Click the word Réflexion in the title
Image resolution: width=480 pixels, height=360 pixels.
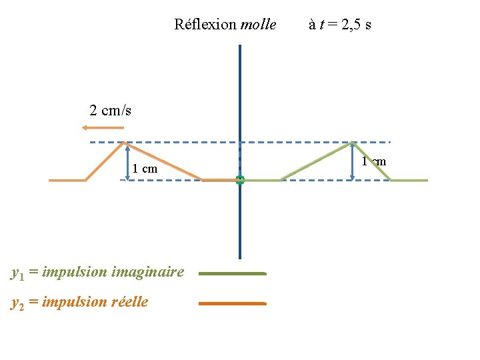click(205, 25)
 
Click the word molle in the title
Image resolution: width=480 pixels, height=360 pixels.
click(258, 25)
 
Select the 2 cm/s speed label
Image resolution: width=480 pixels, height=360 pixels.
click(110, 111)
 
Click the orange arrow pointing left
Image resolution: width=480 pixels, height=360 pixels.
click(107, 127)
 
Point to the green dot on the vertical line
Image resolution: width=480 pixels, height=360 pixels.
click(240, 180)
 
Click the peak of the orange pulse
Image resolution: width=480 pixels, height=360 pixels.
click(125, 143)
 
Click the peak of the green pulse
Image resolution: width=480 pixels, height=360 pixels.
click(353, 143)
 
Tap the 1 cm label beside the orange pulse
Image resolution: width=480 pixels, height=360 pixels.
click(145, 169)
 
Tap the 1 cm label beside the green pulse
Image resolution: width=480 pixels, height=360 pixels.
click(374, 161)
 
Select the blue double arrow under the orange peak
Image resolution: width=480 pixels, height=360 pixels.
click(127, 163)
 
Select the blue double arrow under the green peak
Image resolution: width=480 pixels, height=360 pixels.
click(353, 162)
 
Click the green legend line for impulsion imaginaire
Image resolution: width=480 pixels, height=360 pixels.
click(232, 273)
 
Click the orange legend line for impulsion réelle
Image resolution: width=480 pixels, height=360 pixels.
click(232, 303)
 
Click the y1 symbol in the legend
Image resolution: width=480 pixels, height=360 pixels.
click(18, 273)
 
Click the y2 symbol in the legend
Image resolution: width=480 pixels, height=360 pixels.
click(18, 303)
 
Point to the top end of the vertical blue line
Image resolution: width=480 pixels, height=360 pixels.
click(240, 46)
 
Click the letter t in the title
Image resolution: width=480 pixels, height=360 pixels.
click(321, 25)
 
